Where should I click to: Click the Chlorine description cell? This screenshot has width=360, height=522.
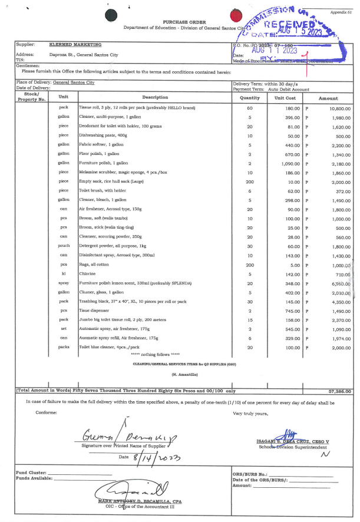[x=88, y=274]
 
